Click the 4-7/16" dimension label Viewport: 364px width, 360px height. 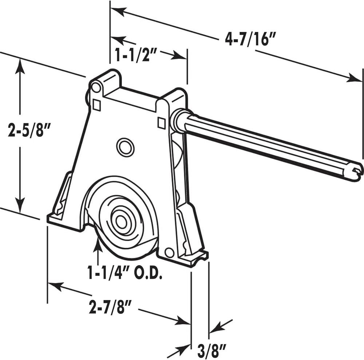(251, 39)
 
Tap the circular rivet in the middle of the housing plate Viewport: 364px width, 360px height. (125, 147)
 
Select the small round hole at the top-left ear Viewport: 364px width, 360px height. (96, 87)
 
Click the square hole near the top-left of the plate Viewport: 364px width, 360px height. (96, 105)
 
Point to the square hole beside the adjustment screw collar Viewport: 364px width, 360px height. (161, 123)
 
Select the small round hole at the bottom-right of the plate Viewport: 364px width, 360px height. (169, 252)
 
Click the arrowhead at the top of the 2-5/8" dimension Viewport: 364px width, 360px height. (20, 65)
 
